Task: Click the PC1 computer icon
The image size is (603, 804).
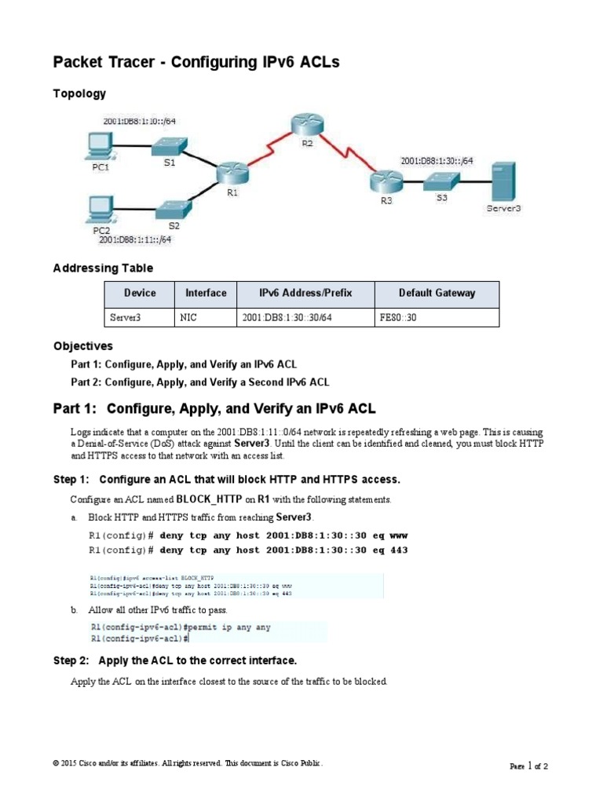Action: [x=100, y=145]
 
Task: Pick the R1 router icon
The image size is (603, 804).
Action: [x=232, y=172]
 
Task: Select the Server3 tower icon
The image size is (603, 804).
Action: [x=503, y=181]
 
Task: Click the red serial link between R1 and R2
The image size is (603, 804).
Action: [x=268, y=148]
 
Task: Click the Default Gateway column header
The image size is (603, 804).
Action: [x=437, y=294]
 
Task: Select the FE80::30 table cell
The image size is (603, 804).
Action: [x=395, y=318]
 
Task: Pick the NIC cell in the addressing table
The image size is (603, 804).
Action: [x=188, y=318]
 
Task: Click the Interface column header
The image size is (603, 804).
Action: [x=206, y=294]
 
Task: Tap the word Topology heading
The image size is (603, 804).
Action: [x=79, y=93]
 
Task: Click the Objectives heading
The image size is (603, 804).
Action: [x=83, y=346]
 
